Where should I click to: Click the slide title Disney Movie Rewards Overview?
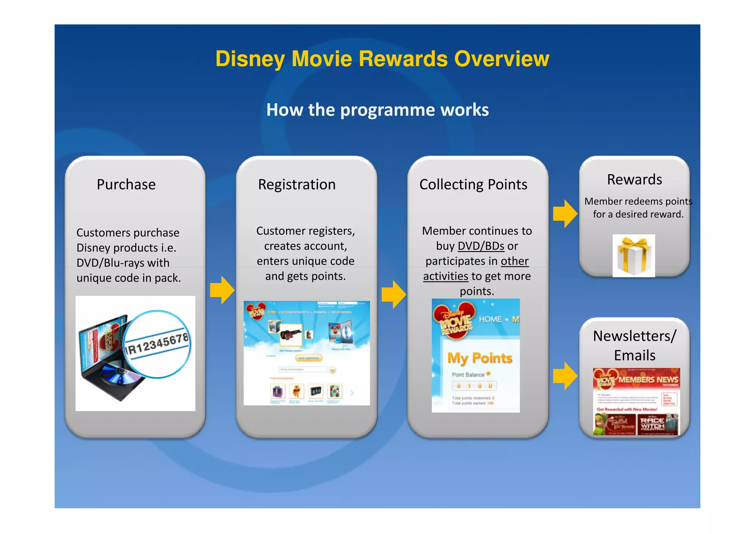382,59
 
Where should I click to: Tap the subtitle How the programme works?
377,110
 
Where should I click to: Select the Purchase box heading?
126,185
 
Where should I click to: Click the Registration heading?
297,185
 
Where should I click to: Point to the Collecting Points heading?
473,185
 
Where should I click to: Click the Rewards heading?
634,180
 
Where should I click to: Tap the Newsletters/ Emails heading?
634,345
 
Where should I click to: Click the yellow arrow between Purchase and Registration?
222,290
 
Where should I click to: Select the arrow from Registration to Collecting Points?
394,294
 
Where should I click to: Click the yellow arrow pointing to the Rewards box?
565,214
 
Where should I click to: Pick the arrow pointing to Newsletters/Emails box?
565,376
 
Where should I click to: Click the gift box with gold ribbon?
634,256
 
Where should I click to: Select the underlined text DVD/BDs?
481,246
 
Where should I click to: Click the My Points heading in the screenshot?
480,358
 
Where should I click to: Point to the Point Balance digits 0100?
474,386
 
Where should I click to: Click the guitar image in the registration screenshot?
290,335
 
